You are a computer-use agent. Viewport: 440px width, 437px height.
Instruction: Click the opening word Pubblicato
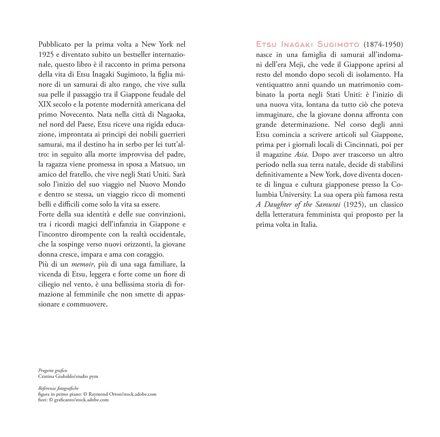[x=55, y=45]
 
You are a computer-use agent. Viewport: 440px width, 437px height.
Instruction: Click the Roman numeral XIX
[x=45, y=104]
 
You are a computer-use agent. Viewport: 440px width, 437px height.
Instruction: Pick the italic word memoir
[x=83, y=264]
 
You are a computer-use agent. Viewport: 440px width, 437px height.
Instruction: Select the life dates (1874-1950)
[x=383, y=45]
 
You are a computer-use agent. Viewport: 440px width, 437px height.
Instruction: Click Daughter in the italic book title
[x=278, y=204]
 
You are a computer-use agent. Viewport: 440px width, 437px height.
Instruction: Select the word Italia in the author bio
[x=309, y=225]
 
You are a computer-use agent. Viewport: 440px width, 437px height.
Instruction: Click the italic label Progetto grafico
[x=53, y=370]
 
